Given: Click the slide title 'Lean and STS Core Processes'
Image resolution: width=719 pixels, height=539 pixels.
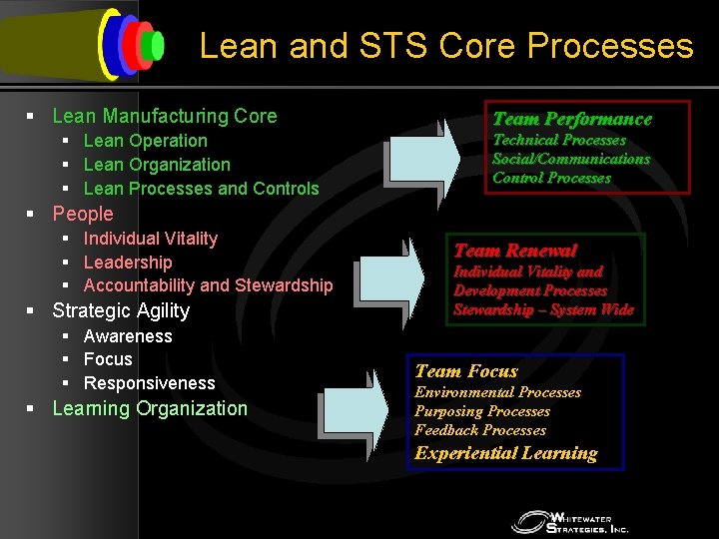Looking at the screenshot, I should (445, 46).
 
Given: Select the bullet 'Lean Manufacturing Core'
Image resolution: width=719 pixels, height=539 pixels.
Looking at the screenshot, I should (165, 116).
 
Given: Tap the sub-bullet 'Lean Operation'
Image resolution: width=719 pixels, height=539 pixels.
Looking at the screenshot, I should (145, 141).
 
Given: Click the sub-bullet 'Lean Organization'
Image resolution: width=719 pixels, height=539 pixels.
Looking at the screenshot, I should (157, 165).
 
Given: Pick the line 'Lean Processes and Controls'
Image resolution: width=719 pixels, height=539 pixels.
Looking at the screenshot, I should (201, 188).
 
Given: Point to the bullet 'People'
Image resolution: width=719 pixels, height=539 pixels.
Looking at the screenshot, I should (83, 214).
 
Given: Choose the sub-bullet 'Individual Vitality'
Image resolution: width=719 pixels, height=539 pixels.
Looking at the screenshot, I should (150, 238).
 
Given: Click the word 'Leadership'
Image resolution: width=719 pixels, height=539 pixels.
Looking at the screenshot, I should (128, 262).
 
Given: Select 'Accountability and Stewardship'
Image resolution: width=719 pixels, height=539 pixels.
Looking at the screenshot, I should (208, 285).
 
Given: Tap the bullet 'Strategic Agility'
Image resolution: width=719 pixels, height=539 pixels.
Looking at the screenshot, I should (121, 310).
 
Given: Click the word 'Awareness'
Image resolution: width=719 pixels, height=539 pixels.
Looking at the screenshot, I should (128, 336).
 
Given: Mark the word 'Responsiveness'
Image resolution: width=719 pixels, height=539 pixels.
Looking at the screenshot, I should (149, 383).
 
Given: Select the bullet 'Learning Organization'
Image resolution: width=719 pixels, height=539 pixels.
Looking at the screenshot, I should (150, 408).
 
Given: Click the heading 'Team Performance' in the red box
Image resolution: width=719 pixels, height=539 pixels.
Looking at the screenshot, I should (572, 119).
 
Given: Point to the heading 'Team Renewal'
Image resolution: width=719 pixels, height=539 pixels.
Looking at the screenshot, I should (515, 251).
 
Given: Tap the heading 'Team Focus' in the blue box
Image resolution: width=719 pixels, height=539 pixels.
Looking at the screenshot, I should (466, 371).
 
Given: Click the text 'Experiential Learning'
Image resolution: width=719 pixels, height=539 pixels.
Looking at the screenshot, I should (506, 453).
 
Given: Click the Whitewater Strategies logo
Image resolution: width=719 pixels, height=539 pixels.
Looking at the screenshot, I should (570, 521).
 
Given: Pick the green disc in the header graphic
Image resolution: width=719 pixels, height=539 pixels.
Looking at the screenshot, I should (154, 45).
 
